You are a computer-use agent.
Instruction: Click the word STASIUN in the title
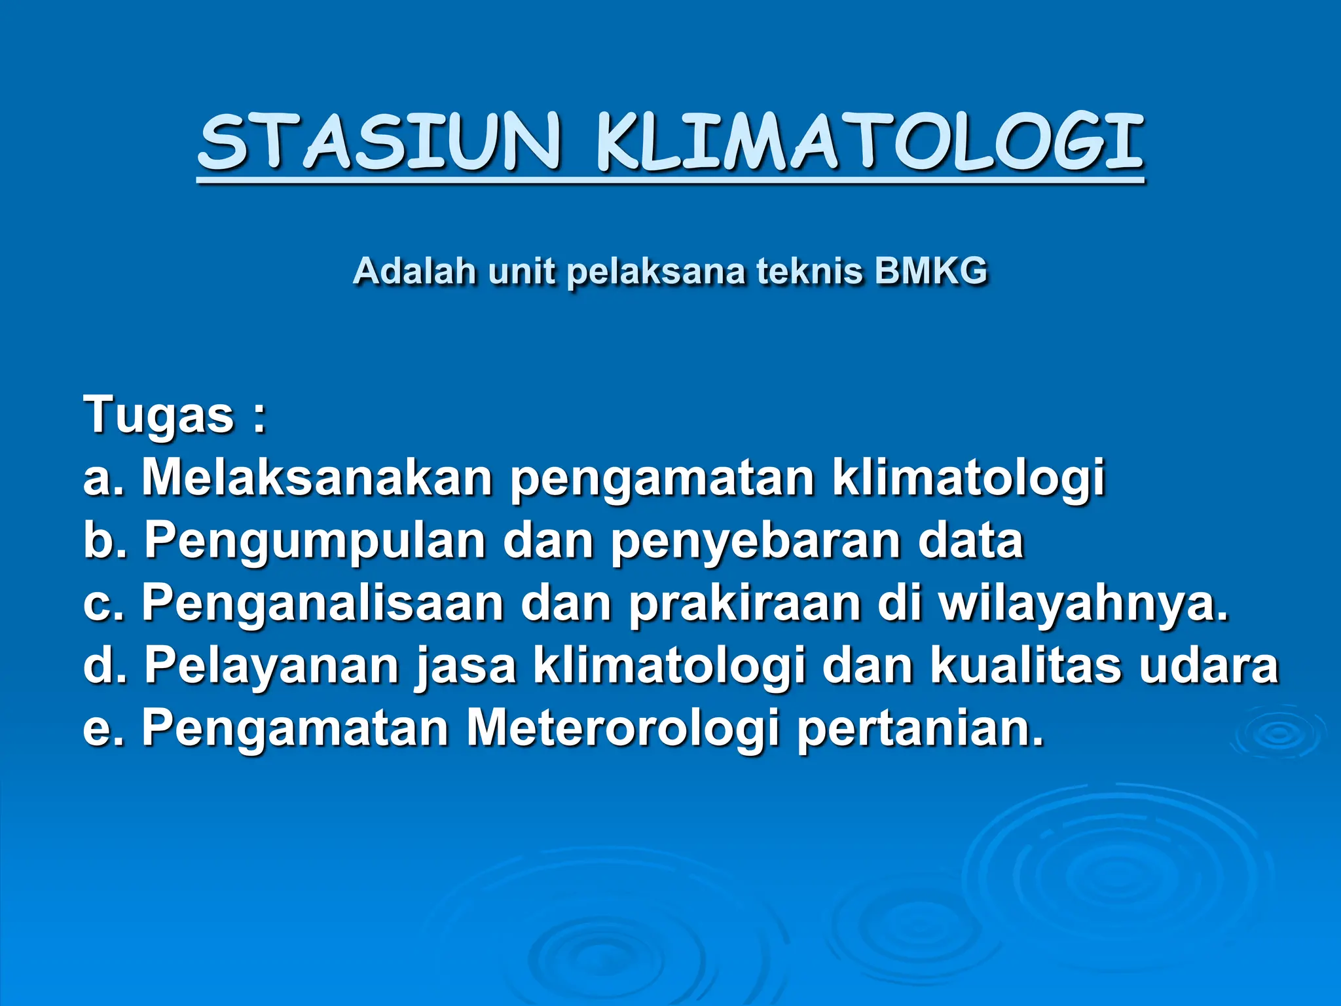click(380, 142)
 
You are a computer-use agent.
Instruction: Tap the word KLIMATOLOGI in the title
click(870, 142)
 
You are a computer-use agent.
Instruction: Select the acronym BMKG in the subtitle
click(930, 271)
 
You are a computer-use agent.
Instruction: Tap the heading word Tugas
click(158, 415)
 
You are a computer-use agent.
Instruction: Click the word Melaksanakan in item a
click(318, 477)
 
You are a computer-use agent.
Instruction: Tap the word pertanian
click(920, 728)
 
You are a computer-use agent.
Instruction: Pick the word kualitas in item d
click(1025, 665)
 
